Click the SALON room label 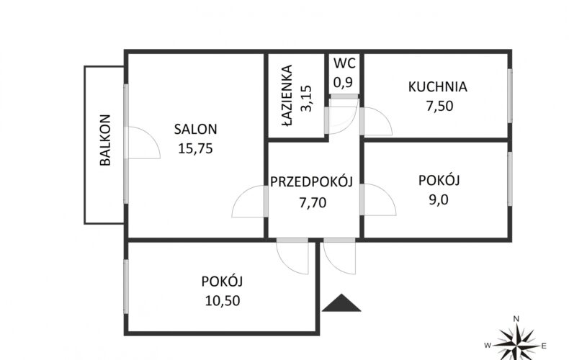point(196,129)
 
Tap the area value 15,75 point(196,149)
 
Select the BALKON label point(105,140)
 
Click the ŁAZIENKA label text point(287,96)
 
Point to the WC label point(344,63)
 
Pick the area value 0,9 point(343,83)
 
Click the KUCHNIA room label point(438,87)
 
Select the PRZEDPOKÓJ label point(312,181)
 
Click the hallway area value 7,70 point(313,202)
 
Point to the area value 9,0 point(439,200)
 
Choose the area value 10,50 point(223,301)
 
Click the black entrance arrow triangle point(341,303)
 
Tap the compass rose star point(516,342)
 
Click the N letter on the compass point(516,320)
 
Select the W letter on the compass point(488,346)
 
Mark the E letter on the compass point(544,346)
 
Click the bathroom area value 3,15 point(306,98)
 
